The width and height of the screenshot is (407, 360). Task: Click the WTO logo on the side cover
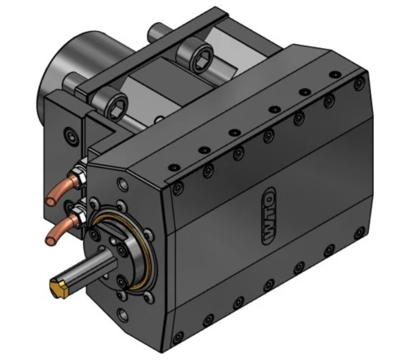pos(269,216)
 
